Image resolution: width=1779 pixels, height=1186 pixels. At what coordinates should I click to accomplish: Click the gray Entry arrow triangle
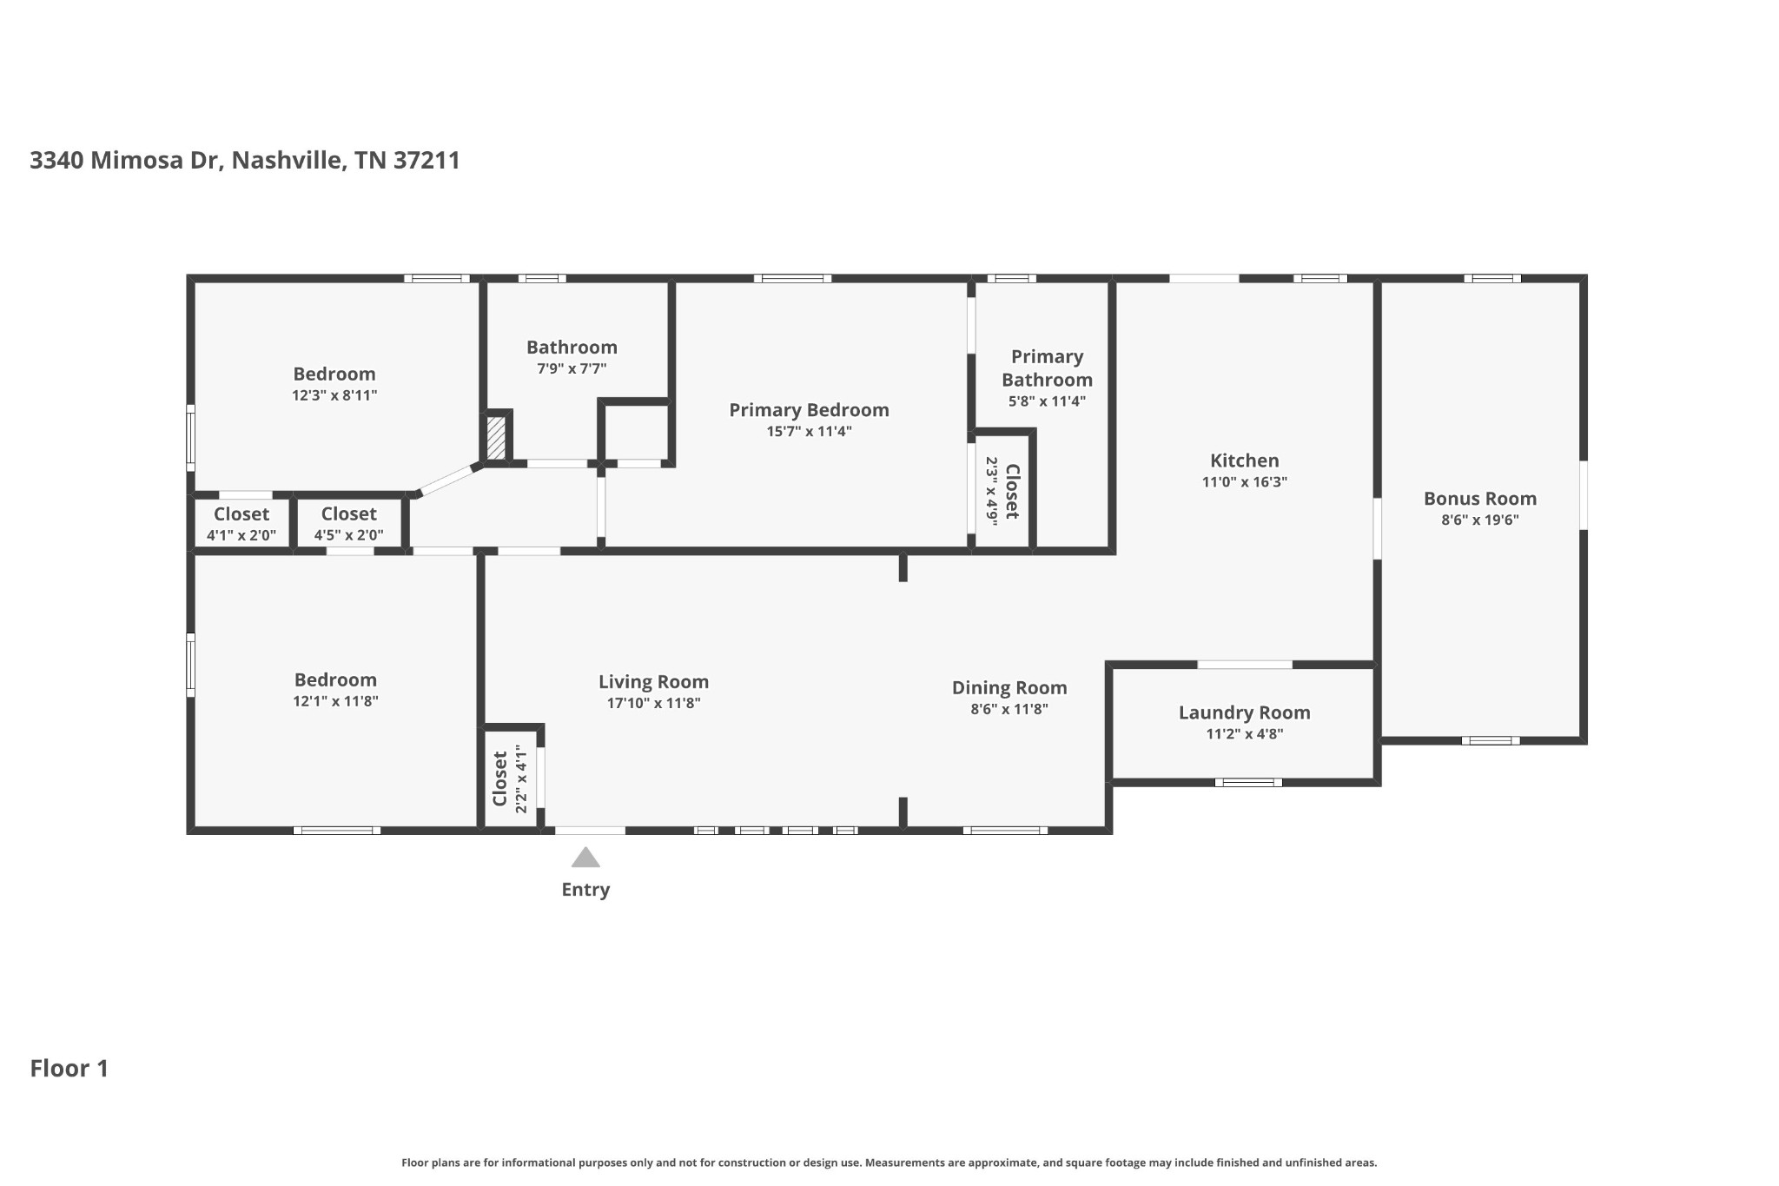click(x=585, y=858)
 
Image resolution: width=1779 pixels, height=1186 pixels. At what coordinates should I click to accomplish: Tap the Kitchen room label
click(x=1244, y=460)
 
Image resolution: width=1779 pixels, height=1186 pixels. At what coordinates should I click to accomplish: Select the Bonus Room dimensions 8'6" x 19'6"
click(x=1479, y=520)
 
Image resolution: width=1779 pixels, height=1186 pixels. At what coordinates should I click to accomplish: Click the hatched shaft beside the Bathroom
click(x=496, y=438)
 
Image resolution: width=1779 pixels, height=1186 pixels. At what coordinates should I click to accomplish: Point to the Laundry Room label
click(x=1244, y=712)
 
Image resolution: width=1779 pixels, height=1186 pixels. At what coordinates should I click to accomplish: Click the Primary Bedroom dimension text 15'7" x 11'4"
click(x=809, y=431)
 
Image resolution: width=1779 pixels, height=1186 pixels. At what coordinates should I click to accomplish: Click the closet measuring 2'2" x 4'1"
click(x=510, y=779)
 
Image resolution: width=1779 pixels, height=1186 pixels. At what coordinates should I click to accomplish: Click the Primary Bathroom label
click(x=1047, y=368)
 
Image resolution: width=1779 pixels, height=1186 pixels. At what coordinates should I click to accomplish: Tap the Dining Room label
click(x=1009, y=687)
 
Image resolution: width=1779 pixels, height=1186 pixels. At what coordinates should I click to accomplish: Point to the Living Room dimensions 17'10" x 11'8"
click(x=653, y=704)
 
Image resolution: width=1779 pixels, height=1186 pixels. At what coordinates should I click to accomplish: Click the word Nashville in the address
click(x=286, y=161)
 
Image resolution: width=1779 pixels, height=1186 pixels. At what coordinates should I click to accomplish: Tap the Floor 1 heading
click(x=69, y=1069)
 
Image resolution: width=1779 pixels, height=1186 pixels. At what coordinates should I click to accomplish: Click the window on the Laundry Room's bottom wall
click(x=1247, y=783)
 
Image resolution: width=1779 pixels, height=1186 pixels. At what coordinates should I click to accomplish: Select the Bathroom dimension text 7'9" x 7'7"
click(x=572, y=368)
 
